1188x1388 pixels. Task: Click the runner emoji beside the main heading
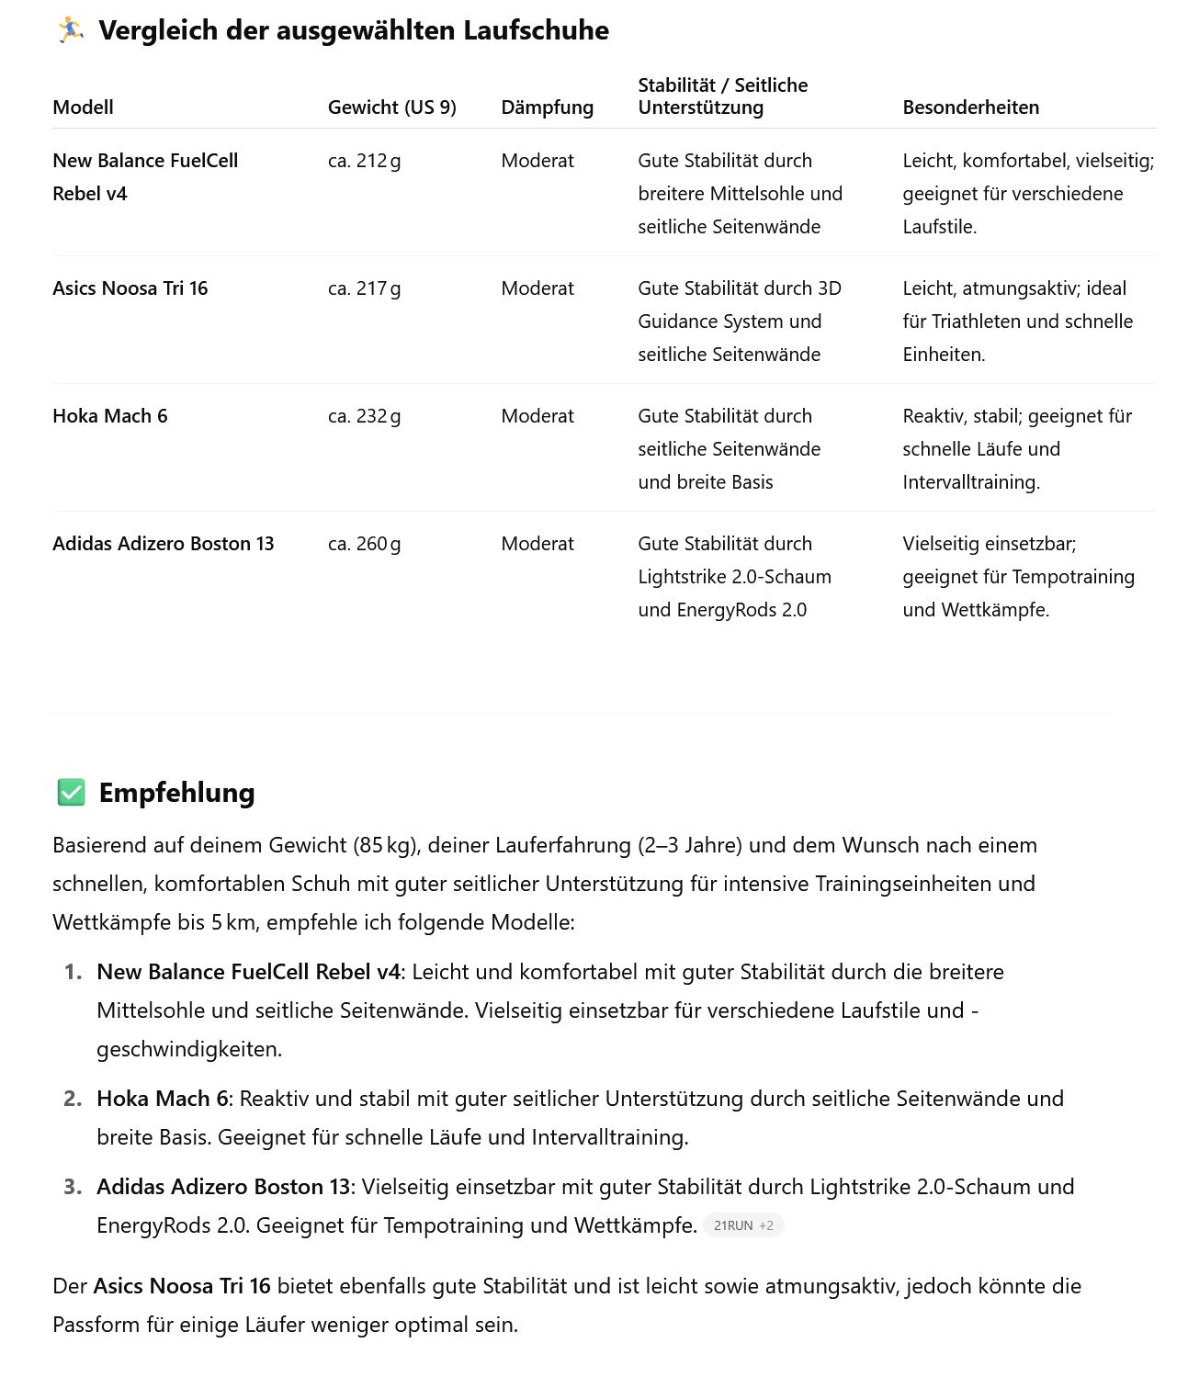coord(70,30)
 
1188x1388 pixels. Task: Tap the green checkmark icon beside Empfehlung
coord(71,792)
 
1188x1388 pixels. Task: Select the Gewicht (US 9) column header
coord(391,107)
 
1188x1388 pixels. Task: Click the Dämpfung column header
coord(547,107)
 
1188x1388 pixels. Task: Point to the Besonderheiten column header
coord(970,107)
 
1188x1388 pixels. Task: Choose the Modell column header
coord(83,107)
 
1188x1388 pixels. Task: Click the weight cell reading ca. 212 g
coord(364,161)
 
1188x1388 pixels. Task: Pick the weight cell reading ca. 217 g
coord(364,288)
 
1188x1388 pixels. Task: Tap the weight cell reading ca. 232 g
coord(364,416)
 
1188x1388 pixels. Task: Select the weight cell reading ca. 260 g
coord(364,544)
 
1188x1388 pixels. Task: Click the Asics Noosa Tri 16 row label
coord(130,288)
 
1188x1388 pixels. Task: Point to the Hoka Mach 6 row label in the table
coord(109,416)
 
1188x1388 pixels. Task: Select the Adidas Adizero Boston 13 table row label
coord(163,544)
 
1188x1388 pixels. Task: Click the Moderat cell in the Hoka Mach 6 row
coord(537,416)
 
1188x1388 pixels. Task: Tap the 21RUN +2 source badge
coord(743,1225)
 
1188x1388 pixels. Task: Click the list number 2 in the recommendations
coord(73,1099)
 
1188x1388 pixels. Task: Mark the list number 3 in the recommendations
coord(73,1187)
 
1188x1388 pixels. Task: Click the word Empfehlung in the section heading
coord(176,793)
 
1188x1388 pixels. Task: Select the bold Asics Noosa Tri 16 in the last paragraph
coord(182,1286)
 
